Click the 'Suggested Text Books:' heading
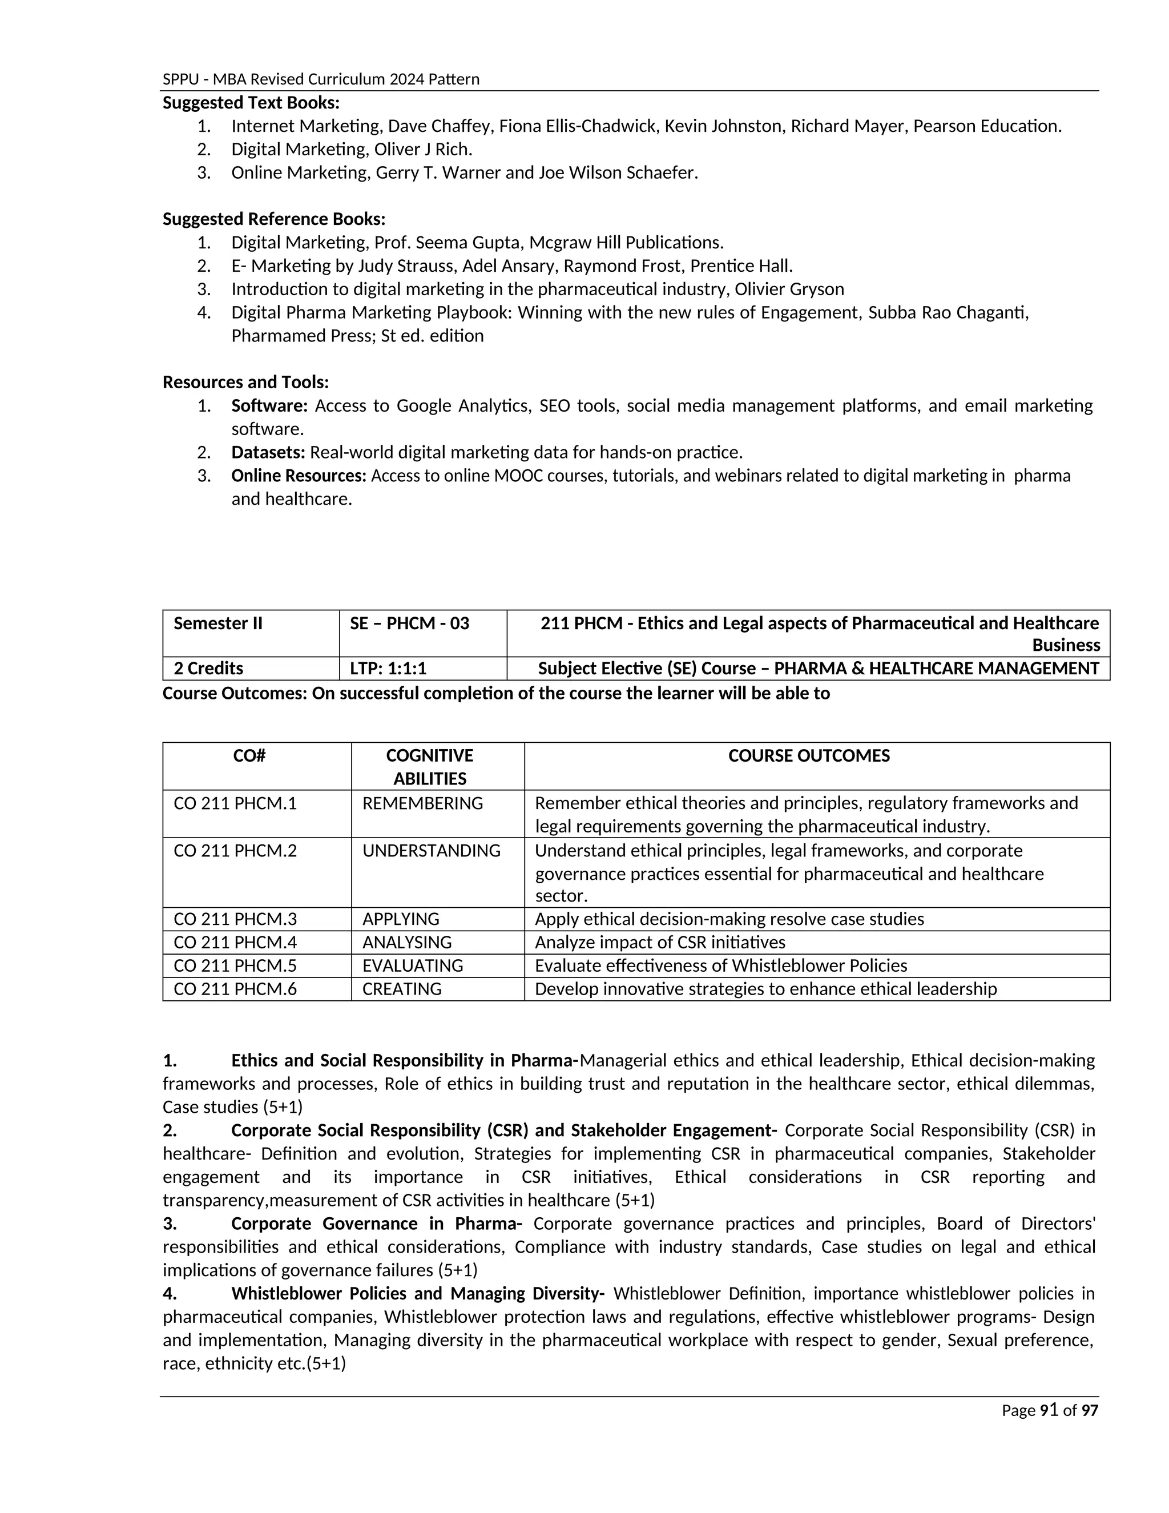[x=251, y=103]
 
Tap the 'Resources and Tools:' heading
[x=245, y=382]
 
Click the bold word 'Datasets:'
[x=268, y=452]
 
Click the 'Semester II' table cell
[x=218, y=623]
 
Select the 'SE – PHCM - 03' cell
[x=409, y=623]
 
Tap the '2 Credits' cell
[x=208, y=668]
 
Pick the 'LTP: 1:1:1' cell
[x=388, y=668]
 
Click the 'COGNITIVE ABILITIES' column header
[x=429, y=766]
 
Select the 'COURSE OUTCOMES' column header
[x=808, y=755]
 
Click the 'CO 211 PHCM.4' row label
[x=235, y=942]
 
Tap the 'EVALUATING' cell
[x=412, y=965]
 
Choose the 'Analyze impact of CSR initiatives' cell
[x=660, y=942]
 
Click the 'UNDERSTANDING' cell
[x=431, y=850]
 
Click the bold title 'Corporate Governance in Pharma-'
[x=376, y=1224]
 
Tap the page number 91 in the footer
[x=1049, y=1410]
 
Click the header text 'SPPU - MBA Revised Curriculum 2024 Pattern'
[x=321, y=79]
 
